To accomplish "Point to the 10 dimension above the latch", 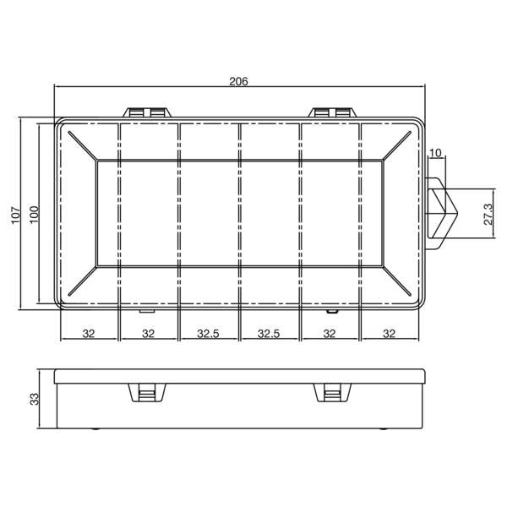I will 436,153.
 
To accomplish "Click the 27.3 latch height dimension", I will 488,212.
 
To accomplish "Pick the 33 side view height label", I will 35,399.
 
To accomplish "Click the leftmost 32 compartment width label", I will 89,334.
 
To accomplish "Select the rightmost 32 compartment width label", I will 389,334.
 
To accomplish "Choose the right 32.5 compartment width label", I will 269,334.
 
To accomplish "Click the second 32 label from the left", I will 148,334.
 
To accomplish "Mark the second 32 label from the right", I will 330,334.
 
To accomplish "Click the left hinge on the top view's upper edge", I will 149,112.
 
